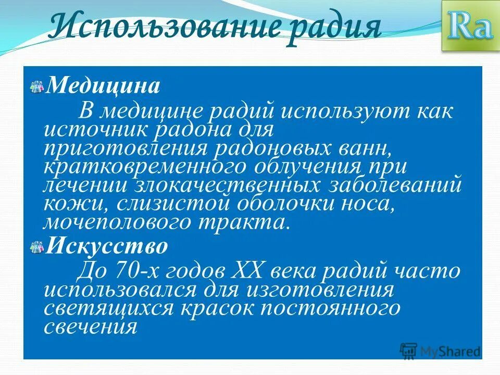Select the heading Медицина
(x=103, y=85)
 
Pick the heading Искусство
(x=107, y=246)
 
